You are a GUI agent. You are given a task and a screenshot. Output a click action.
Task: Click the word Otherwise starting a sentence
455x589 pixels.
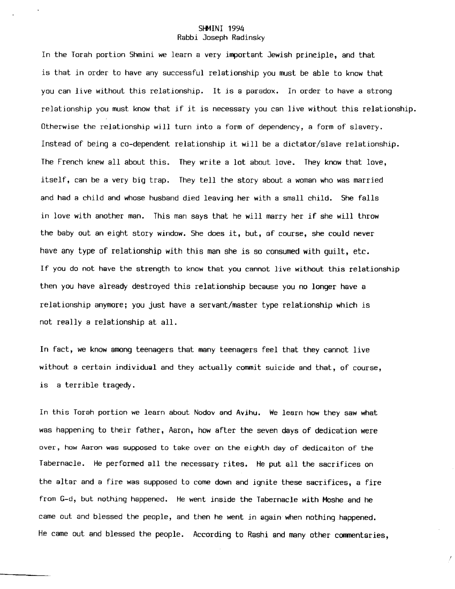click(x=60, y=127)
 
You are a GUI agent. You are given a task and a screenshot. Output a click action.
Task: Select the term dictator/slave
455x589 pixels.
click(x=313, y=144)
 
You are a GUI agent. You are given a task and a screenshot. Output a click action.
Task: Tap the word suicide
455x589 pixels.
click(x=280, y=368)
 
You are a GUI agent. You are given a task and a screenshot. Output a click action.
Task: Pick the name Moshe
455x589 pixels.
click(x=332, y=500)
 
